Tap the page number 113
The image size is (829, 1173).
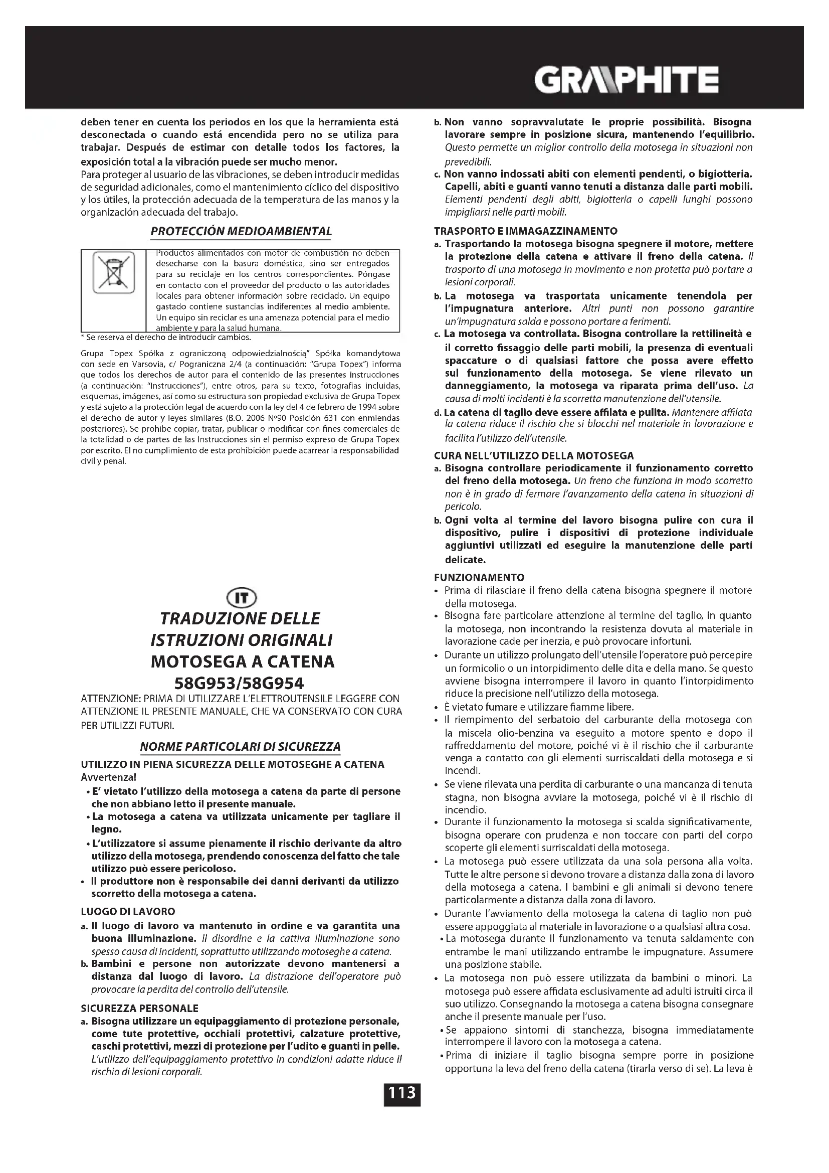(x=402, y=1093)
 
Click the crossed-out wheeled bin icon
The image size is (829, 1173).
(x=113, y=272)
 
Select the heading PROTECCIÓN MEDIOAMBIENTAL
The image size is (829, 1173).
(x=241, y=231)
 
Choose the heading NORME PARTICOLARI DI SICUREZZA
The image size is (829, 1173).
(x=241, y=746)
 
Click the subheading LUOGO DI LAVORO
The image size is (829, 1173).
(x=128, y=911)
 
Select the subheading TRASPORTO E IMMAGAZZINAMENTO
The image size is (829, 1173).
(x=525, y=231)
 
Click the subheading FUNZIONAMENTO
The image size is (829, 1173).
(x=479, y=577)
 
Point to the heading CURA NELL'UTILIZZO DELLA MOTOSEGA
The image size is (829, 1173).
(x=533, y=455)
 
